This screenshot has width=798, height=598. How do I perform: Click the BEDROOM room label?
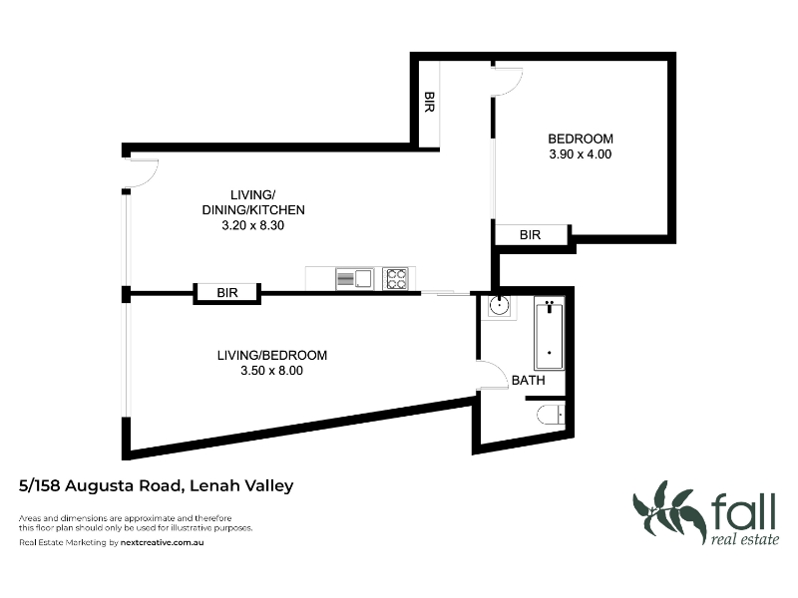[581, 139]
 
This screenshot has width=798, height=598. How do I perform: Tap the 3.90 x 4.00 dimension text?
[581, 154]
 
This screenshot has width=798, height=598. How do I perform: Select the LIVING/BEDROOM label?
[272, 356]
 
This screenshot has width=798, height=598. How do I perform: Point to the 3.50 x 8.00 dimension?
[271, 371]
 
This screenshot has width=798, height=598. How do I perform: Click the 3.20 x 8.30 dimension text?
[253, 225]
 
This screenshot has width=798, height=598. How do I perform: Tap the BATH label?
[529, 381]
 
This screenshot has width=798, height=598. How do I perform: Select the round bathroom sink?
[500, 306]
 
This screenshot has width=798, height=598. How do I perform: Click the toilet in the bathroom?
[551, 415]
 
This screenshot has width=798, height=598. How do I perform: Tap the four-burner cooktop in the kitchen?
[395, 279]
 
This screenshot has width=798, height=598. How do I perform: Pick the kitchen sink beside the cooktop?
[355, 279]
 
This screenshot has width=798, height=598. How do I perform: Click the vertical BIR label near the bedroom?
[430, 102]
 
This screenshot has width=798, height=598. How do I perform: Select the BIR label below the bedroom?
[530, 235]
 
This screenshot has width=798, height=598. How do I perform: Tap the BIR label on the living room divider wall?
[227, 293]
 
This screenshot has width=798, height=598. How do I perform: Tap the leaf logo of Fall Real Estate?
[668, 511]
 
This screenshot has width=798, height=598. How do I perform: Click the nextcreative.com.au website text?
[162, 542]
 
